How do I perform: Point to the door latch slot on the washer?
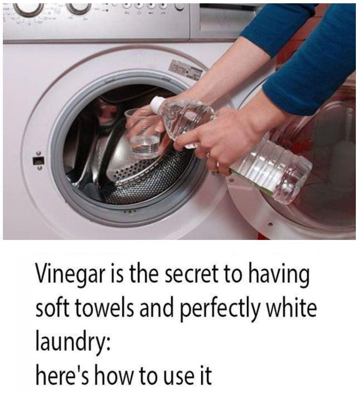pyautogui.click(x=38, y=160)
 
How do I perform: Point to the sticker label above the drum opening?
pyautogui.click(x=185, y=69)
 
